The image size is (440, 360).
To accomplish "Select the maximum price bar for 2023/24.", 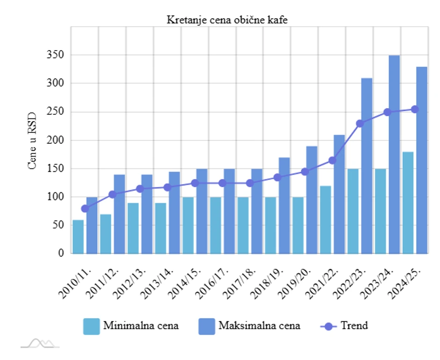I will (394, 154).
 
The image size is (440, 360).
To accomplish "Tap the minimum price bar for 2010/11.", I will (78, 237).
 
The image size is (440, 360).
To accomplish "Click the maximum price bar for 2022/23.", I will (367, 166).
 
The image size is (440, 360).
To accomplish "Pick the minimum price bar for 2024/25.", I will (408, 202).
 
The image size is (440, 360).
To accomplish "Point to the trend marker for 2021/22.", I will (332, 161).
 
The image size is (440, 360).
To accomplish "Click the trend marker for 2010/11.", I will (85, 208).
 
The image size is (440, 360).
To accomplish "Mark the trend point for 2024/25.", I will (415, 109).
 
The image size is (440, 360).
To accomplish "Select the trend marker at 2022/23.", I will (360, 124).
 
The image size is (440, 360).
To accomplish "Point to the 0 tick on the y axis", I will (60, 253).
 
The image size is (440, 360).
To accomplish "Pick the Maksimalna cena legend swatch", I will (206, 326).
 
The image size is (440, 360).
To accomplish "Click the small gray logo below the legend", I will (40, 344).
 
